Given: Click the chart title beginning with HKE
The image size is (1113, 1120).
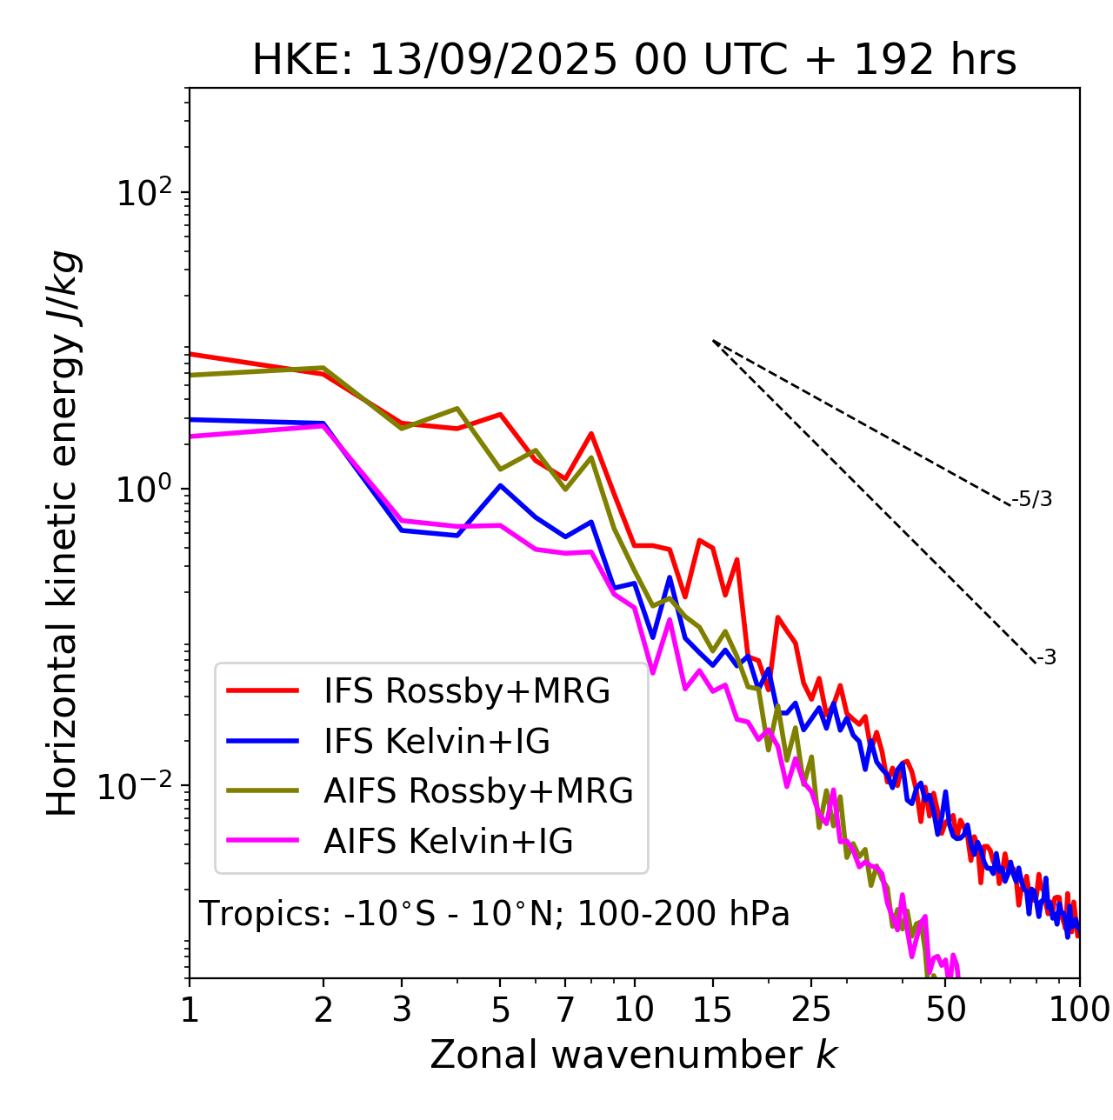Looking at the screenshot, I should pos(634,61).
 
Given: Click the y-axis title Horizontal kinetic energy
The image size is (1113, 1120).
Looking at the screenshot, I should pos(63,534).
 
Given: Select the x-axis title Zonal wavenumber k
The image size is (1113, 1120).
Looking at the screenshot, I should pos(634,1055).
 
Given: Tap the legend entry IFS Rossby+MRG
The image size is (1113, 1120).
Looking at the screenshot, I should pos(466,691).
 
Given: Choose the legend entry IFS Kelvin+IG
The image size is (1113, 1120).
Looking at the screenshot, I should pos(437,742).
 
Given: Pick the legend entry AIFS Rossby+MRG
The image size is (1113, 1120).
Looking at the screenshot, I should pos(477,791).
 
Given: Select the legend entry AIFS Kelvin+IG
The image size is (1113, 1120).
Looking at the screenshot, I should pos(448,842).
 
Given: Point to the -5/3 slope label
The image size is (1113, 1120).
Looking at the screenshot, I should pos(1032,499).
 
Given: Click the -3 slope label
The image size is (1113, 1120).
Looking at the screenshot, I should pos(1046,657).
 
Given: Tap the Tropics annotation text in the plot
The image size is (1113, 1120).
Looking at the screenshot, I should pos(495,914).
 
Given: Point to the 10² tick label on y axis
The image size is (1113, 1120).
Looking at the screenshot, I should pos(143,192).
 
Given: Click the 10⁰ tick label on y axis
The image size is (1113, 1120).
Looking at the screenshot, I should pos(143,489).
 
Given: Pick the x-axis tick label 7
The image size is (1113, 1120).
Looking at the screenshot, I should pos(565,1010).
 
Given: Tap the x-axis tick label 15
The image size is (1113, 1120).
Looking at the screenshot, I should pos(713,1010).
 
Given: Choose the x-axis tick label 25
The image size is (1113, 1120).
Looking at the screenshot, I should pos(811,1010).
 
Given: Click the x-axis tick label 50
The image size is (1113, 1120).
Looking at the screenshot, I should pos(946,1010).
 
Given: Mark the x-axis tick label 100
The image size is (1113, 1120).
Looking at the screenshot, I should pos(1079,1010).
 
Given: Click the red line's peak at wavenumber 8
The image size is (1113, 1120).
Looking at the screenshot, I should pos(591,433).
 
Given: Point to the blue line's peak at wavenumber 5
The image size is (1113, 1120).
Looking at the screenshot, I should pos(500,485).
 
